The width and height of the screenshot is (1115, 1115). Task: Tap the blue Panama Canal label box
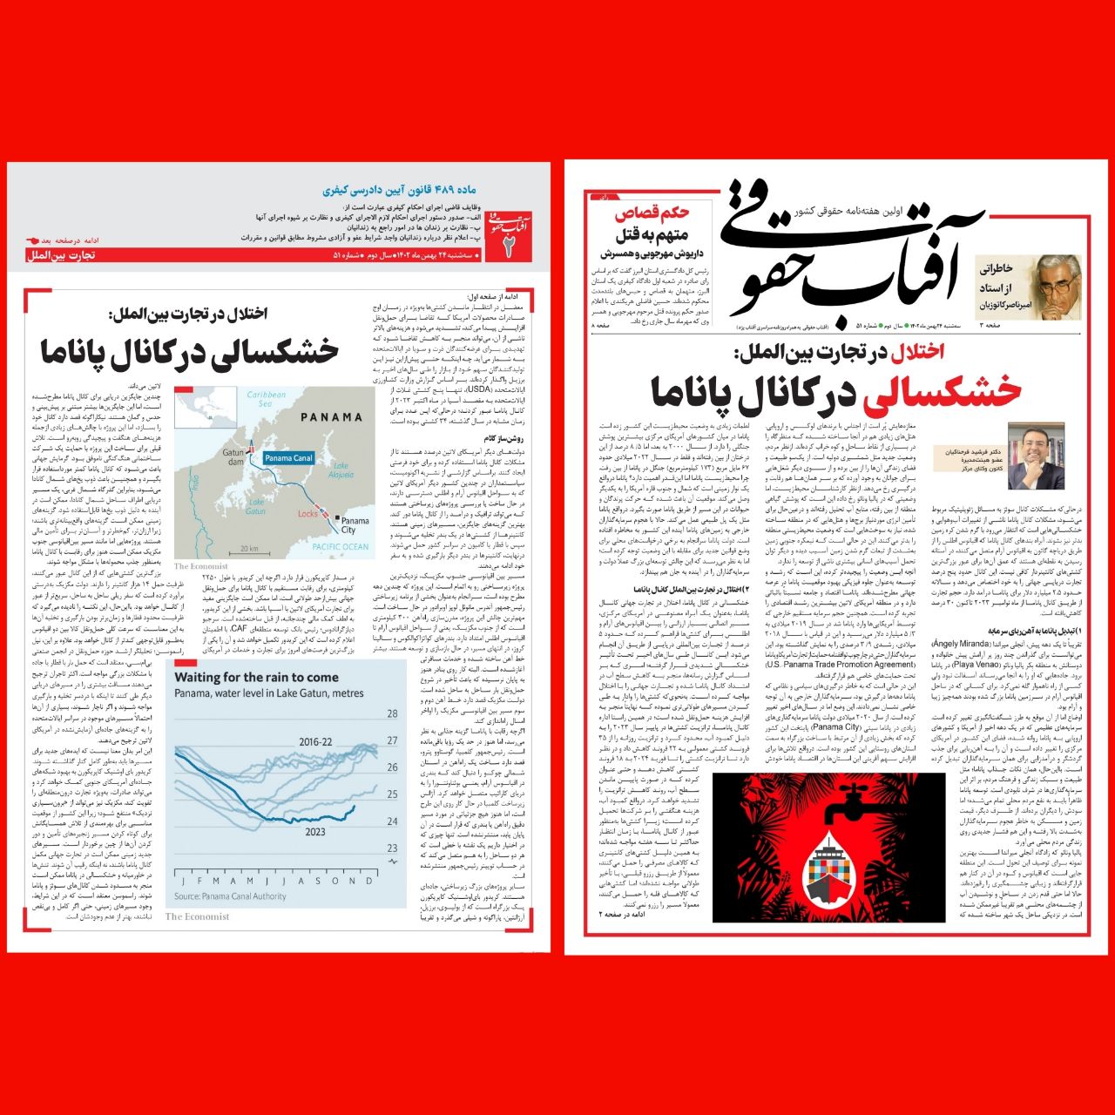(288, 458)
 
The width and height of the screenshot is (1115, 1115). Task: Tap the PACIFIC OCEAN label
(341, 546)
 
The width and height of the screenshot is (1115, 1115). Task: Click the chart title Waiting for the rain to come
(256, 677)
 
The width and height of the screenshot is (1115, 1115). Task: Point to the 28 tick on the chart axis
(392, 713)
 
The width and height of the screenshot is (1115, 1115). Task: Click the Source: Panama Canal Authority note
(230, 895)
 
